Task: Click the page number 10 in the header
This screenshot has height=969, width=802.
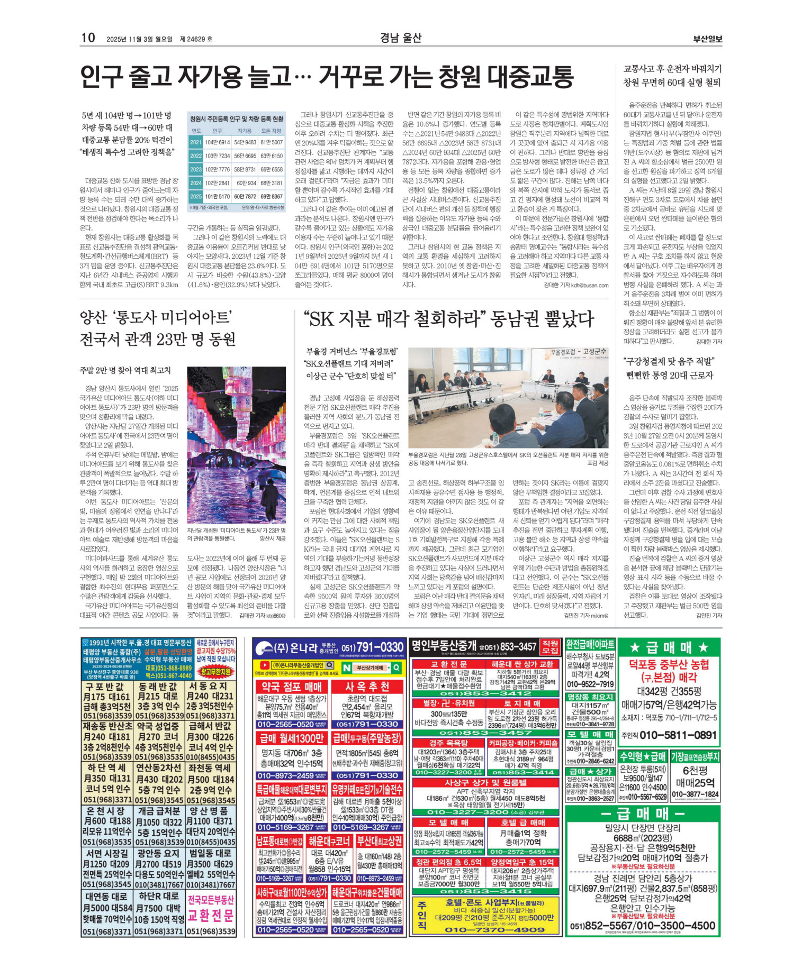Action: point(88,38)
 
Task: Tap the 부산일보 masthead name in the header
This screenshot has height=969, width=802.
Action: point(707,39)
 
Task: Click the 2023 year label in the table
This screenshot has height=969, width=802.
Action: point(196,169)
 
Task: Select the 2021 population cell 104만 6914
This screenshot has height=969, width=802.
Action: point(217,142)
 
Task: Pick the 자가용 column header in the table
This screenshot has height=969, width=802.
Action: point(244,131)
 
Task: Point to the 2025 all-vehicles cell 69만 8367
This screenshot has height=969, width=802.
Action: point(272,196)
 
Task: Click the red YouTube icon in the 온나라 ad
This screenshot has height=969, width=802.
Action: point(263,665)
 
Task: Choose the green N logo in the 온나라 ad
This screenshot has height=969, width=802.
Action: point(347,668)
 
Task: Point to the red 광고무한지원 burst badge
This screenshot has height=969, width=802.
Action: point(217,672)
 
